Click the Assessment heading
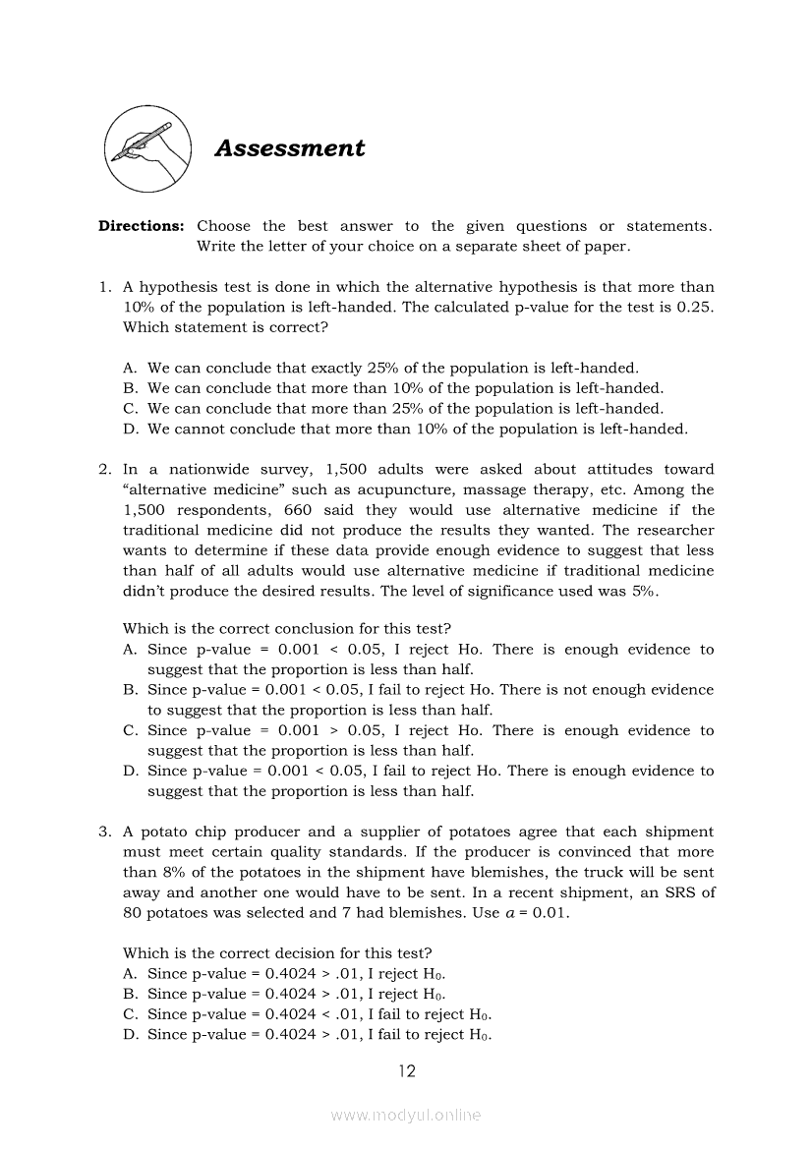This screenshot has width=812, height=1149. (x=289, y=148)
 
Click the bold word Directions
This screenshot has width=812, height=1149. (x=141, y=226)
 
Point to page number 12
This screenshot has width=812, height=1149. (x=406, y=1071)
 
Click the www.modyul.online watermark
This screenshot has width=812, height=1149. (x=406, y=1116)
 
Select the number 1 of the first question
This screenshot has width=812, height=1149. (x=103, y=287)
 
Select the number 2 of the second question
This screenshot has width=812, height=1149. (x=103, y=470)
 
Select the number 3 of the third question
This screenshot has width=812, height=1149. (x=103, y=832)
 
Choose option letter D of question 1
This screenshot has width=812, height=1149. (x=130, y=429)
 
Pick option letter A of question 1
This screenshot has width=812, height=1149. (x=130, y=368)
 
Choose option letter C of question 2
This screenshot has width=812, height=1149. (x=130, y=730)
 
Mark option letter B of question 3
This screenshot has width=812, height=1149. (x=130, y=994)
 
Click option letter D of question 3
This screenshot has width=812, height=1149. (x=130, y=1034)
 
